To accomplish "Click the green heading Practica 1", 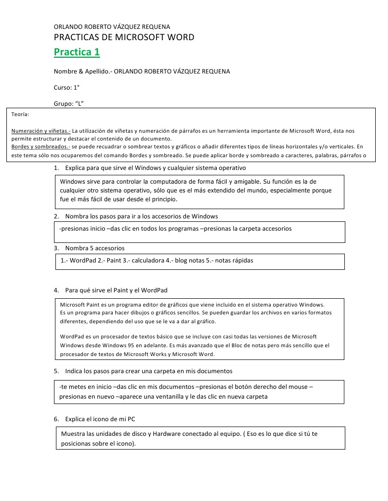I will [x=77, y=52].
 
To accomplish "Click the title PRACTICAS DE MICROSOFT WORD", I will [x=124, y=37].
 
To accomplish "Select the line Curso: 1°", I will [x=67, y=87].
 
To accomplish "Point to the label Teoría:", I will [x=20, y=114].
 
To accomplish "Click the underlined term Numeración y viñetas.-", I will [x=41, y=131].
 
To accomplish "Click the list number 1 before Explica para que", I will [x=56, y=168].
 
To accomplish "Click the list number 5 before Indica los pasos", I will [x=56, y=371].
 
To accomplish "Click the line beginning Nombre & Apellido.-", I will [x=141, y=72].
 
